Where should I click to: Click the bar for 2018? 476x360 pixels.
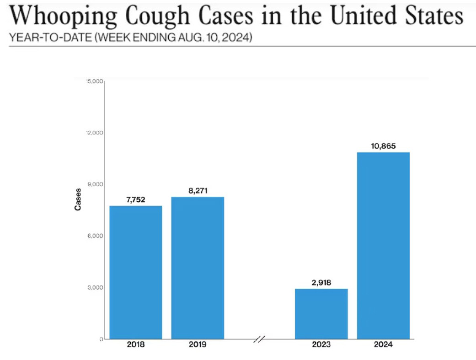136,272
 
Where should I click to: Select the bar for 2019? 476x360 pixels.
198,268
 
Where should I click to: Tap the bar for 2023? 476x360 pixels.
321,314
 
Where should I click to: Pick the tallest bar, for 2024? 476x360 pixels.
383,245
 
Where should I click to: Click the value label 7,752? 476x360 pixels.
136,199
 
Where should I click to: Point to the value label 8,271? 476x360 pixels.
198,190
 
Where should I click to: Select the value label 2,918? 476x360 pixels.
321,282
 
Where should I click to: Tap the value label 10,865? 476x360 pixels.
383,146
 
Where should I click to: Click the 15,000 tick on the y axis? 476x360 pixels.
94,81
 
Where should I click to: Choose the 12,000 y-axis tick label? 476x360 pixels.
94,133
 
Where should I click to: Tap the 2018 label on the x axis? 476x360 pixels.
136,345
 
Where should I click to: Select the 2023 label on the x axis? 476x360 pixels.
321,345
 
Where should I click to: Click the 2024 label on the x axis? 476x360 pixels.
383,345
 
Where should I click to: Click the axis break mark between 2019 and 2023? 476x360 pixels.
259,339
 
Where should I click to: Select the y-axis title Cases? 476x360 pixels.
78,199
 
